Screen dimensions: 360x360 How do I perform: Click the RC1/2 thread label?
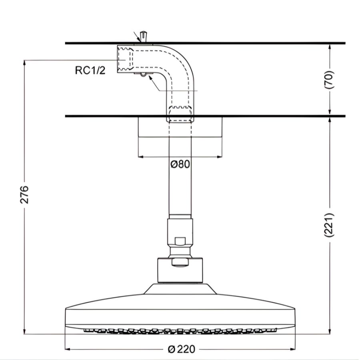(x=90, y=71)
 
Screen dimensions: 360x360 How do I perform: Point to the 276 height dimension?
(x=25, y=194)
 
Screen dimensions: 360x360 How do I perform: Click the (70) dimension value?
(x=330, y=79)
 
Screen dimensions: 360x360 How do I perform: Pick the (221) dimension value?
(x=330, y=224)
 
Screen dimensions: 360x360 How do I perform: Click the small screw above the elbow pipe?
(x=144, y=36)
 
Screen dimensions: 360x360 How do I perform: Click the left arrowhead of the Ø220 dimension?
(x=68, y=349)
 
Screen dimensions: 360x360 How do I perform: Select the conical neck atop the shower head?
(x=180, y=289)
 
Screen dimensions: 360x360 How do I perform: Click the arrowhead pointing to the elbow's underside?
(x=150, y=78)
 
